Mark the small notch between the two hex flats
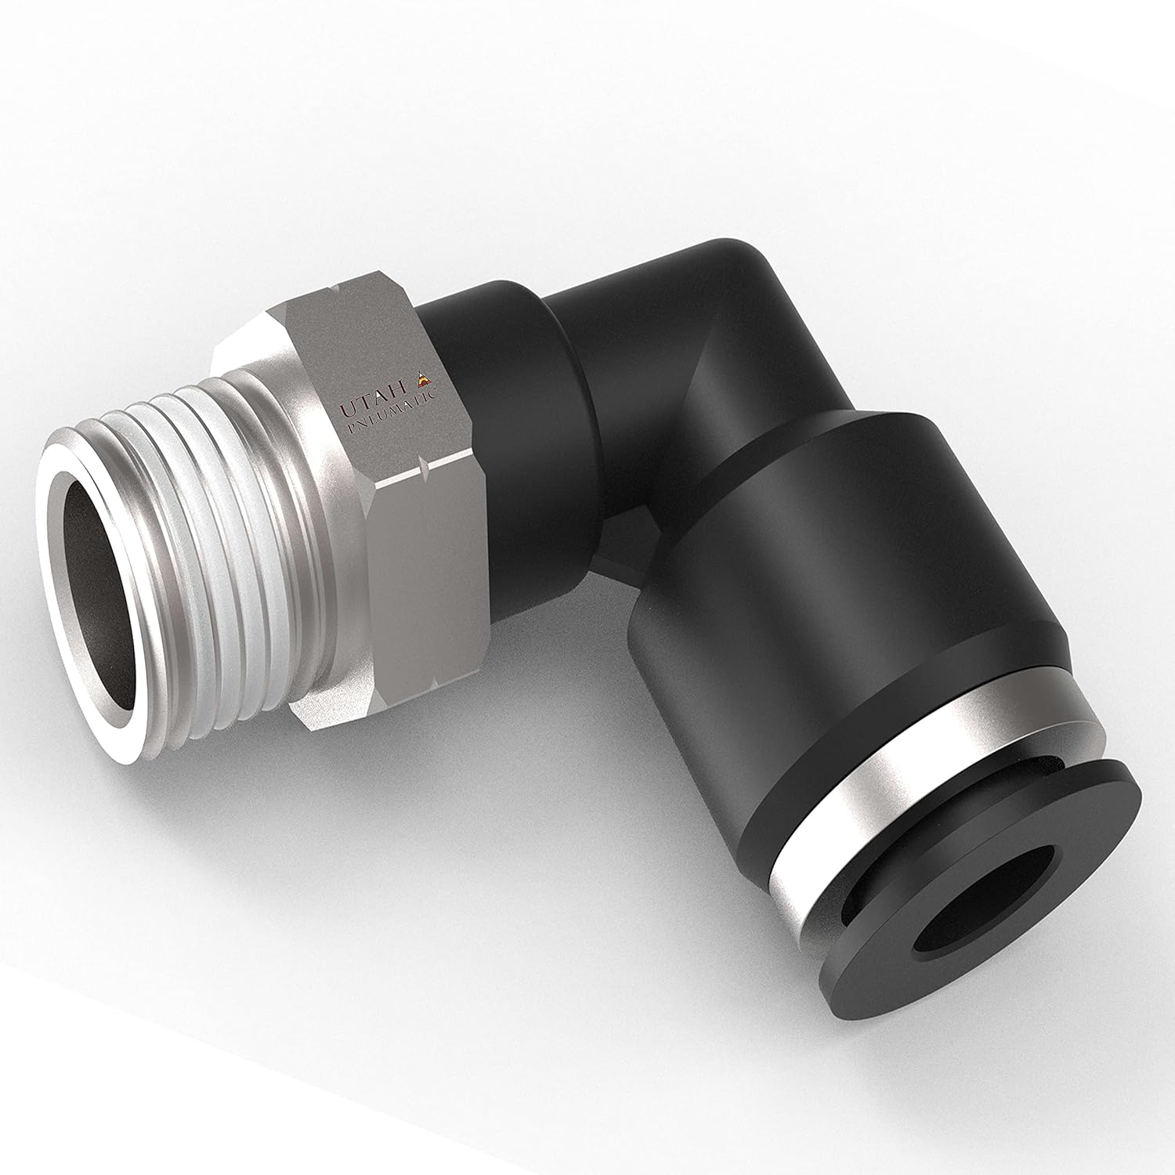(424, 470)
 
